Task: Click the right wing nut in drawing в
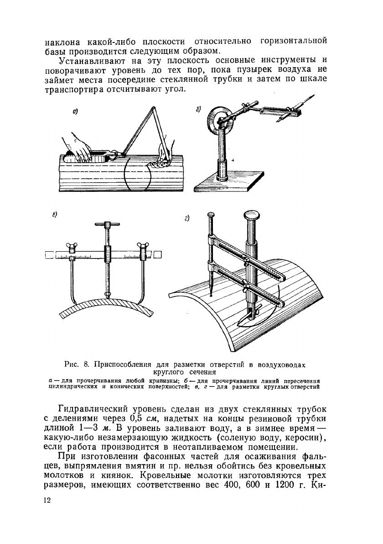[x=145, y=247]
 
